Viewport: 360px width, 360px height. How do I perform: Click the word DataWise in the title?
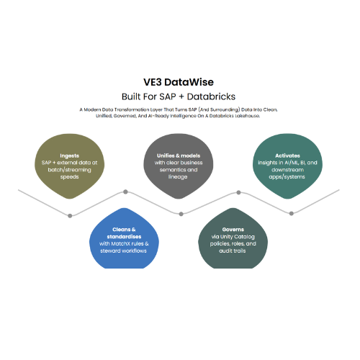pyautogui.click(x=189, y=82)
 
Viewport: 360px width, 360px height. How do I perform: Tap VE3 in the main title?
pyautogui.click(x=153, y=82)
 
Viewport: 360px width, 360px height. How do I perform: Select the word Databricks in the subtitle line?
pyautogui.click(x=211, y=96)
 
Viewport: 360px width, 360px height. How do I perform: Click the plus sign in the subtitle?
pyautogui.click(x=181, y=97)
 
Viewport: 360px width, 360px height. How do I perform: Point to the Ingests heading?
pyautogui.click(x=69, y=156)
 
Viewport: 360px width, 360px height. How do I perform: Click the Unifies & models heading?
pyautogui.click(x=179, y=156)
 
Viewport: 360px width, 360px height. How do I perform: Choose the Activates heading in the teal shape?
pyautogui.click(x=287, y=156)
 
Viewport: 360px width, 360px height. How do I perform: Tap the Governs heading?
pyautogui.click(x=233, y=230)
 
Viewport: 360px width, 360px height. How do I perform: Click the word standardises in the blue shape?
pyautogui.click(x=124, y=237)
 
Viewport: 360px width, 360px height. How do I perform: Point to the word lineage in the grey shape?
pyautogui.click(x=178, y=177)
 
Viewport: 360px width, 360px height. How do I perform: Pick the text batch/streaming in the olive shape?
pyautogui.click(x=69, y=170)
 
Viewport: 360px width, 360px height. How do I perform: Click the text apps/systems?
pyautogui.click(x=287, y=177)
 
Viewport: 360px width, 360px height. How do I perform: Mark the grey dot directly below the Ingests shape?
pyautogui.click(x=70, y=216)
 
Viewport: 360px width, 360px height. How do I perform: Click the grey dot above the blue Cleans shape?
pyautogui.click(x=125, y=192)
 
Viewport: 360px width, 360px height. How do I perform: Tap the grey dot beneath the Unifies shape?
pyautogui.click(x=181, y=214)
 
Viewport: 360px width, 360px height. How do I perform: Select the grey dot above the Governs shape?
pyautogui.click(x=238, y=192)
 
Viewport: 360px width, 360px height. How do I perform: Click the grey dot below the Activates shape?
pyautogui.click(x=292, y=213)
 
